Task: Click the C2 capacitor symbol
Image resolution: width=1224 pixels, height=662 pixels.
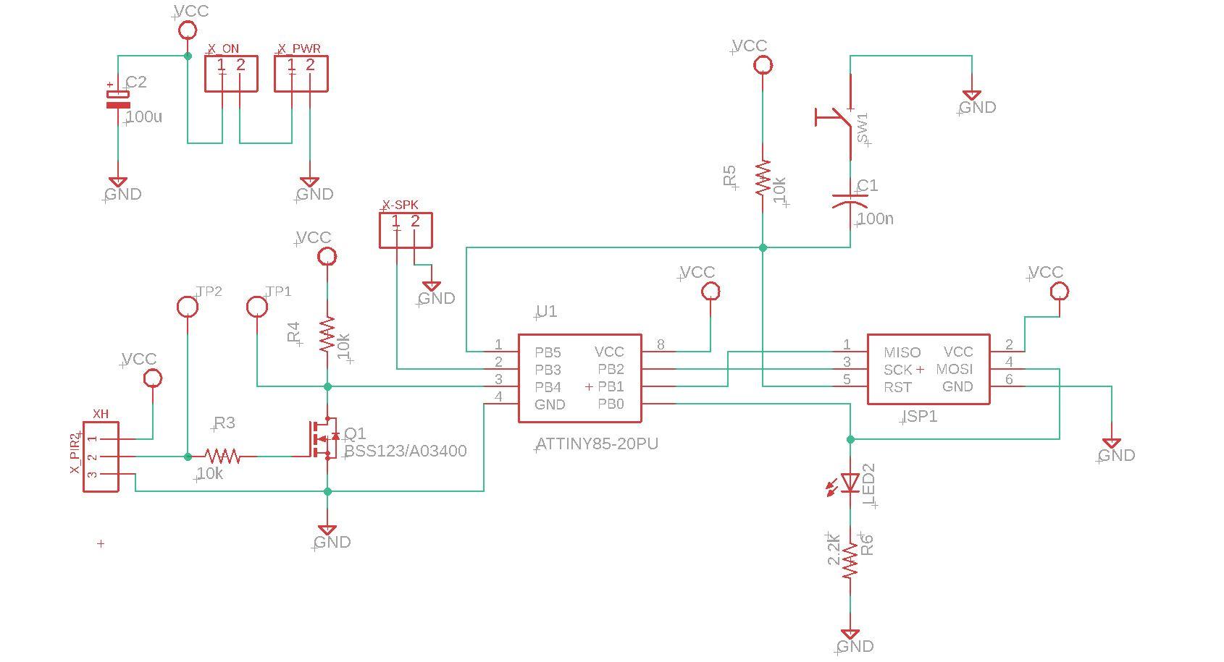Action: [x=118, y=99]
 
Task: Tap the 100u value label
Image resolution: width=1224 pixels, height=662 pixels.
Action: [x=144, y=116]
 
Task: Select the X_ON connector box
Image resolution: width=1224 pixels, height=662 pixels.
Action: [x=231, y=73]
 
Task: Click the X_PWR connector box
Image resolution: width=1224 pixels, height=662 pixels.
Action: [x=301, y=73]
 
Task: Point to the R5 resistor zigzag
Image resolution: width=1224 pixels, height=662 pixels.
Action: [x=763, y=178]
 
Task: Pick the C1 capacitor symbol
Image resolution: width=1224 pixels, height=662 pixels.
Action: [x=850, y=200]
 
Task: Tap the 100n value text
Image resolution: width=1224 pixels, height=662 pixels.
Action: [x=875, y=218]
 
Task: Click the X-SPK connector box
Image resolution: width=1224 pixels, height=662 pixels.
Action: [x=406, y=230]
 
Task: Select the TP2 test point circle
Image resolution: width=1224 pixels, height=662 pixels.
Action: [x=188, y=307]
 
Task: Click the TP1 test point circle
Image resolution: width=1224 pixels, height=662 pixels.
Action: [x=257, y=307]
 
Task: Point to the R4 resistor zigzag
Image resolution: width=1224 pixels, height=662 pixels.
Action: [x=327, y=334]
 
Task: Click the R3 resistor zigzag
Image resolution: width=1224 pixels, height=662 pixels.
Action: [x=222, y=457]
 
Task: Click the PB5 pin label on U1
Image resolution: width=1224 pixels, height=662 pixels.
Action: [x=548, y=352]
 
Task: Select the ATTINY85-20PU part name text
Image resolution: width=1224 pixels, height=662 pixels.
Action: [x=598, y=444]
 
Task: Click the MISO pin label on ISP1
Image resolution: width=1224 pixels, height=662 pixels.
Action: [x=902, y=352]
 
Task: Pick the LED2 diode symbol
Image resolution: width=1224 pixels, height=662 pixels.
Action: [x=850, y=483]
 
